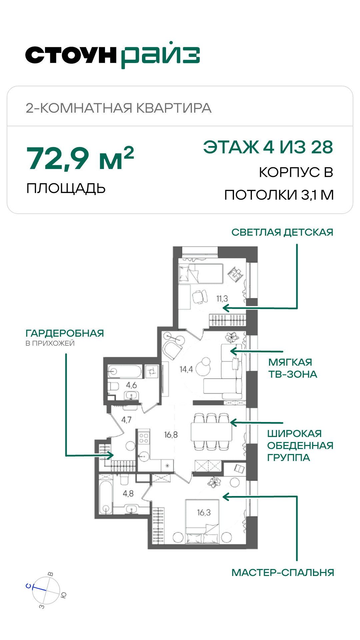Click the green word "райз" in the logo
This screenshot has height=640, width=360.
coord(160,55)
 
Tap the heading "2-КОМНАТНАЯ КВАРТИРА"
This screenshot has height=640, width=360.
coord(119,108)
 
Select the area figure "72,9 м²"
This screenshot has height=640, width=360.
coord(80,158)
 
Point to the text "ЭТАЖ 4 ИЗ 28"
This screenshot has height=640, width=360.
coord(268,147)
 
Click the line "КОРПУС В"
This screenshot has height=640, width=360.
coord(296,172)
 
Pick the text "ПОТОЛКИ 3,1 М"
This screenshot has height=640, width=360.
coord(279,195)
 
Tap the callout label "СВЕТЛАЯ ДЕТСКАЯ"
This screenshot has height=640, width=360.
coord(282,232)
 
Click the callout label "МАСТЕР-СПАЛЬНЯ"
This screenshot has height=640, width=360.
coord(283,573)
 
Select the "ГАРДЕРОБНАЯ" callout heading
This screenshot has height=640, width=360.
coord(65,333)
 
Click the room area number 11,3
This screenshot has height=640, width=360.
coord(222,299)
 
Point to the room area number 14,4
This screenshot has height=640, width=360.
coord(186,369)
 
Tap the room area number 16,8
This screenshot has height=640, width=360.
coord(171,435)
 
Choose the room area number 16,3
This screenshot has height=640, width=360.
coord(204,512)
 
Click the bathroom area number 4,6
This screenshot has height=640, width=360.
coord(131,385)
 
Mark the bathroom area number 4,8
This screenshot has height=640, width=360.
coord(128,494)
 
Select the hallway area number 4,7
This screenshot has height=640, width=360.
coord(126,420)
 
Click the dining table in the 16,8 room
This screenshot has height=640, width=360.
coord(211,432)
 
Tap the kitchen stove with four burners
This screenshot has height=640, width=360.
coord(144,438)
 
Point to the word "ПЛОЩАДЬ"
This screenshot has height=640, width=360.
coord(66,189)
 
